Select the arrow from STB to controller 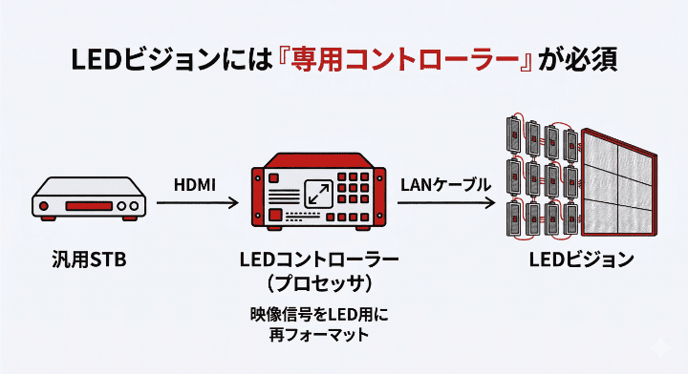click(196, 202)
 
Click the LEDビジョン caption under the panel click(580, 259)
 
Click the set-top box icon click(92, 199)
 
